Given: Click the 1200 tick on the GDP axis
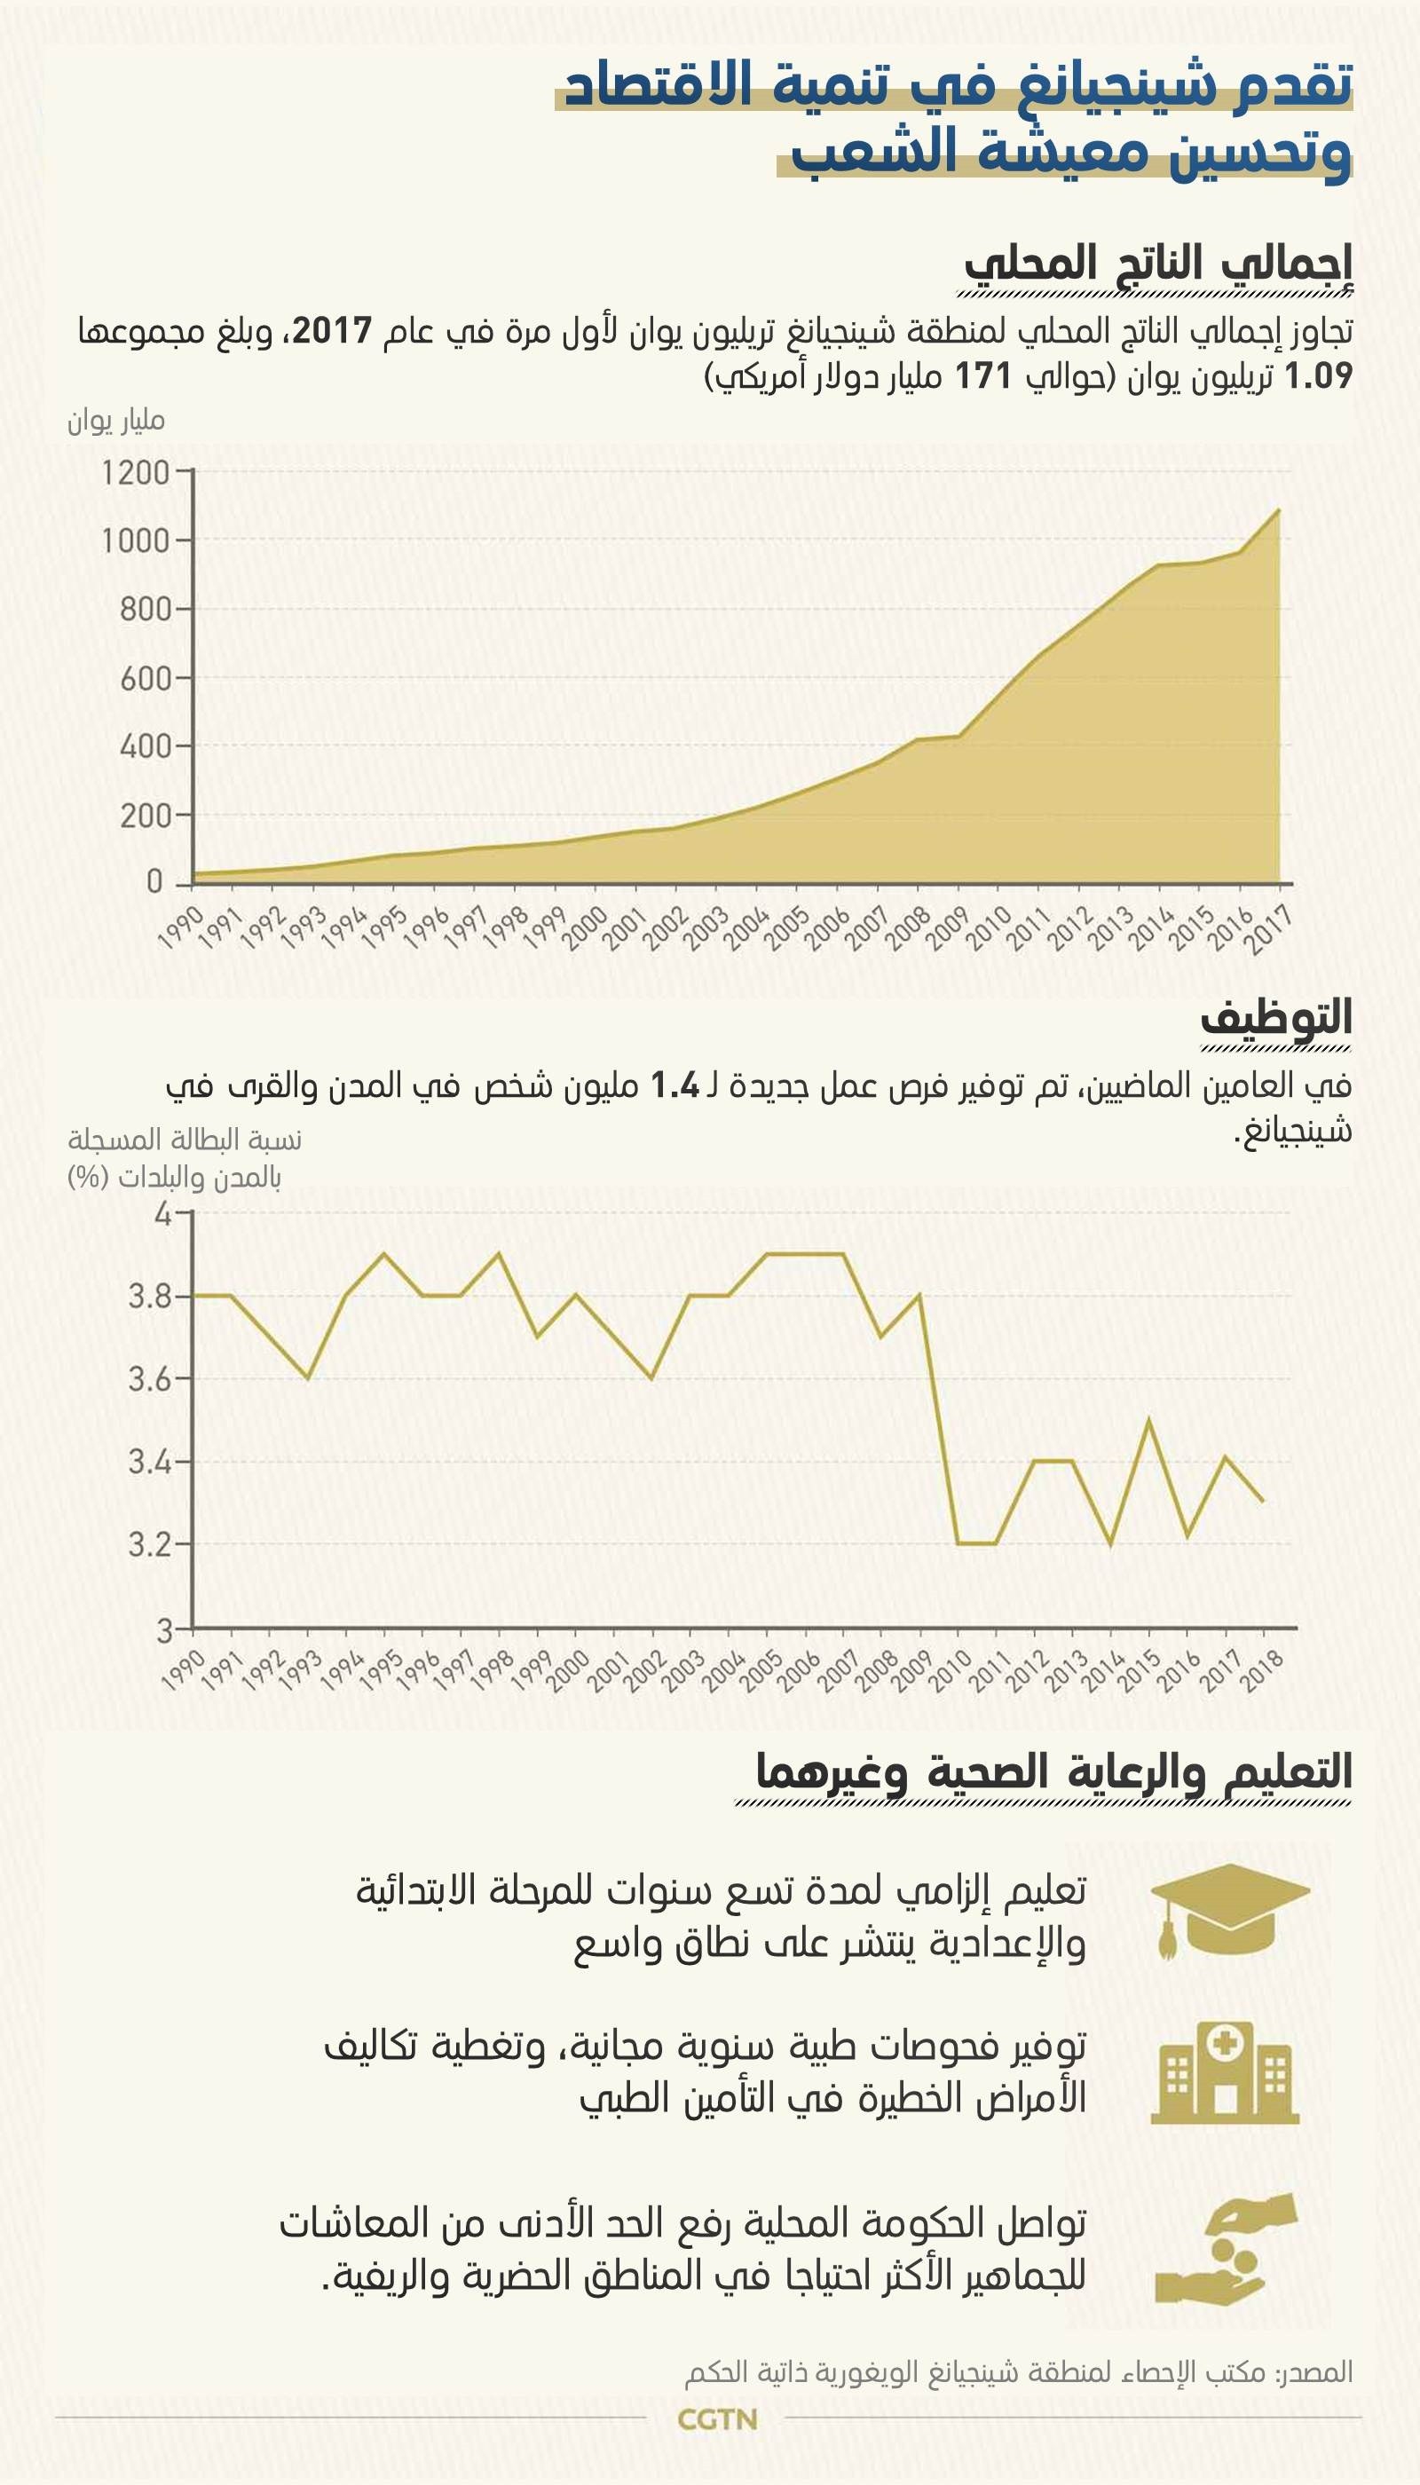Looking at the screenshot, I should (x=136, y=473).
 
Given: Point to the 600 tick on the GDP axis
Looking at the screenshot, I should (x=146, y=679).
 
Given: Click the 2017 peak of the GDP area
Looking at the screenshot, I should (x=1278, y=510).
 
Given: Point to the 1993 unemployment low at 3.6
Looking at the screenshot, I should (x=308, y=1378).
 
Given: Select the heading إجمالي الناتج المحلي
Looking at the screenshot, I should (x=1157, y=264).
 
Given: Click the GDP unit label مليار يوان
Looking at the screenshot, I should (x=115, y=422).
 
